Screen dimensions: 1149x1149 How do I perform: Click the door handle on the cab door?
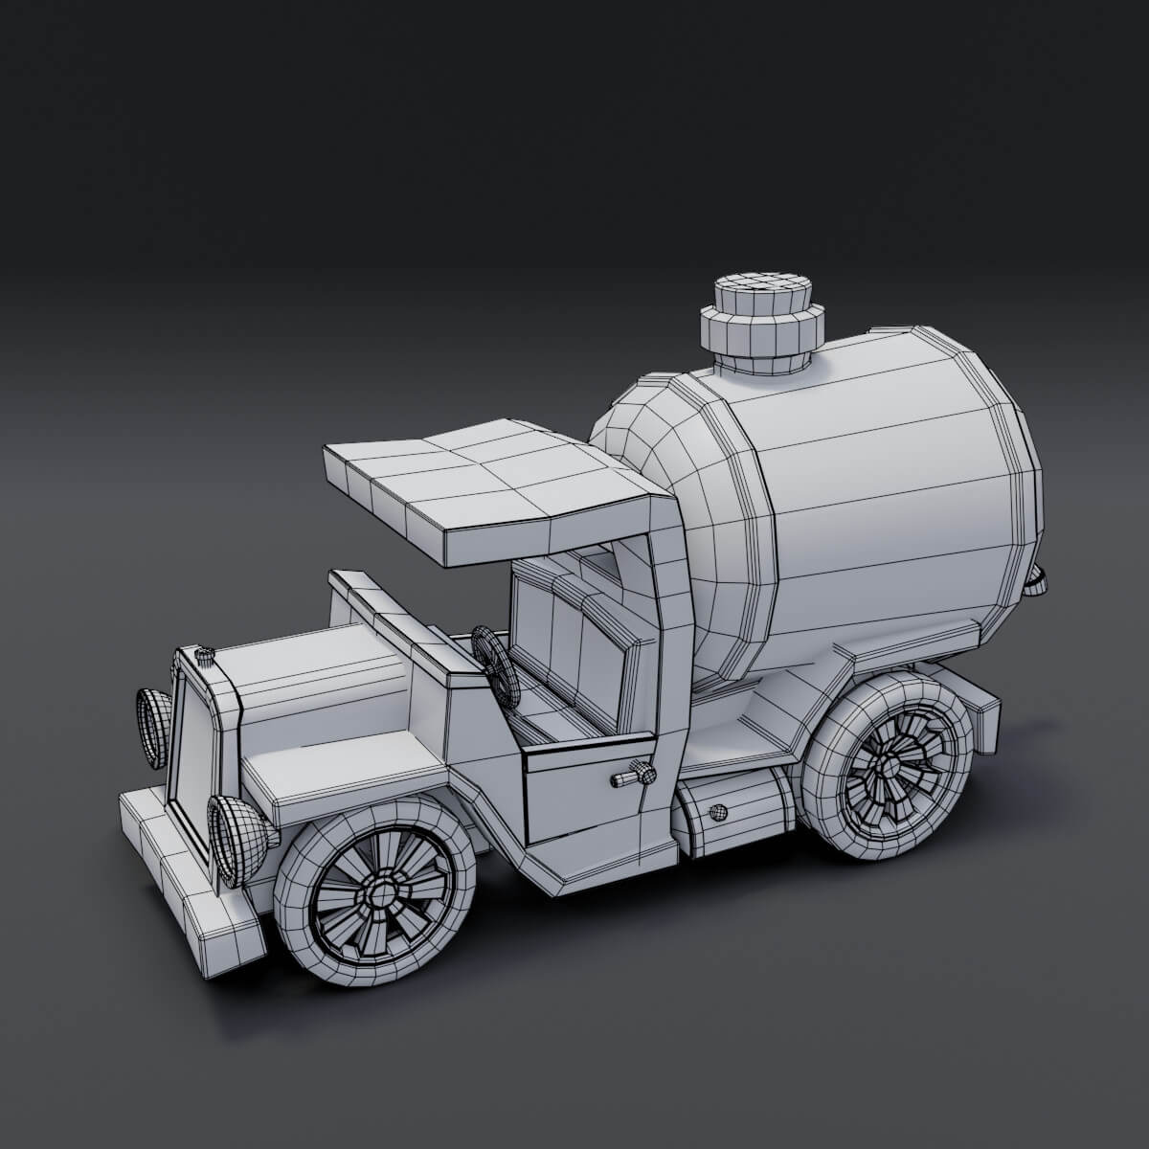pos(633,774)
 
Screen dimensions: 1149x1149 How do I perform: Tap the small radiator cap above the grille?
pos(205,655)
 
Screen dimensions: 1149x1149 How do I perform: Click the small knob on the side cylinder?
pos(714,814)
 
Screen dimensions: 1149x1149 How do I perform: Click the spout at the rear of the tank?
pos(1038,580)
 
